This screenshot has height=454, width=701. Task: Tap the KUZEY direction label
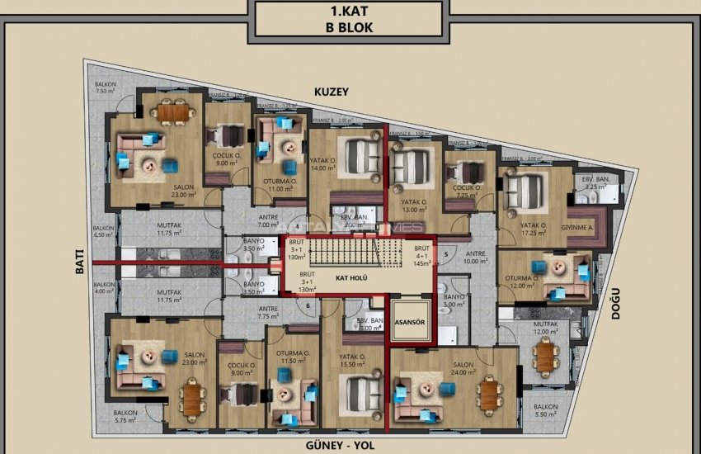pos(330,92)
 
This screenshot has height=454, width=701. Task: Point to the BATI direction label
pos(80,262)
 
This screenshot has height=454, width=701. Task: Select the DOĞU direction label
pos(614,302)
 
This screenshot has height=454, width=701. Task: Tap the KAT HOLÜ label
pos(351,278)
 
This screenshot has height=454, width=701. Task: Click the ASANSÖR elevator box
pos(410,323)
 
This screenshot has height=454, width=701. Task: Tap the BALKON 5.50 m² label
pos(545,410)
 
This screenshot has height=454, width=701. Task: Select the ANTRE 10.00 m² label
pos(476,258)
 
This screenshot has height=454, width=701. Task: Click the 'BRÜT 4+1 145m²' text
pos(423,256)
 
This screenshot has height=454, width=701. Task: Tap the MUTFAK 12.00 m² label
pos(544,328)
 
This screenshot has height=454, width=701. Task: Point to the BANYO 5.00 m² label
pos(455,300)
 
